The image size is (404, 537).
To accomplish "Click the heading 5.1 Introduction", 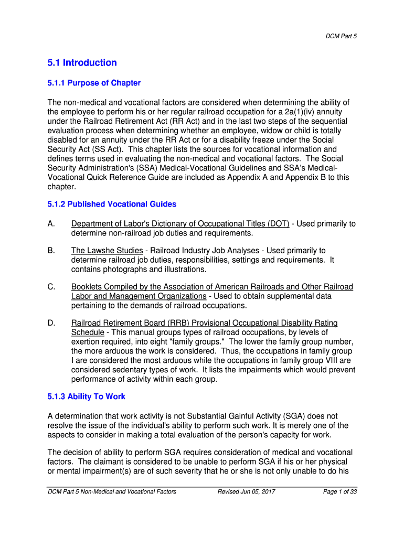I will [82, 63].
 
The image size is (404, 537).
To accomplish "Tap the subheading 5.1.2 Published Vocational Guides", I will [112, 204].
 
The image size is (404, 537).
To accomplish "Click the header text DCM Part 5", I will [343, 36].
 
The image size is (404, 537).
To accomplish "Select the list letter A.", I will [51, 224].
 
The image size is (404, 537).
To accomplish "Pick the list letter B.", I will [51, 251].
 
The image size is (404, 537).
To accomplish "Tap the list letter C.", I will [51, 287].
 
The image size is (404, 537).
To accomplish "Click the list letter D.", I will [51, 323].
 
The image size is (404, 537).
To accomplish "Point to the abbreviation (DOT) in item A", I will [278, 224].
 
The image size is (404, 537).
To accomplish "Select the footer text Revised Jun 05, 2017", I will [246, 491].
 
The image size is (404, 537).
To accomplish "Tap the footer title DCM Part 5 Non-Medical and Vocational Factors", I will [112, 491].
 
